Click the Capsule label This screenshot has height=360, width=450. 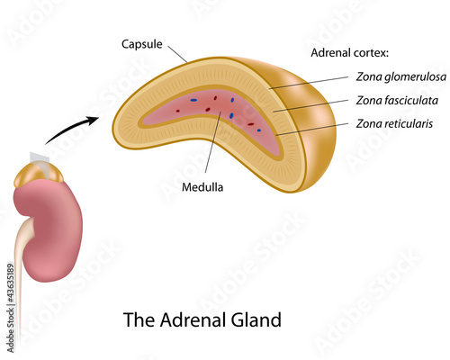coord(142,44)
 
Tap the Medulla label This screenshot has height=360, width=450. coord(202,187)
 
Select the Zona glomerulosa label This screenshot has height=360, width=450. coord(401,76)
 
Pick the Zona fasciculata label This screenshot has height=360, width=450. coord(397,100)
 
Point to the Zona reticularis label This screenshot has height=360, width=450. coord(394,123)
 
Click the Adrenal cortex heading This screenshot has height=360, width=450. coord(350,53)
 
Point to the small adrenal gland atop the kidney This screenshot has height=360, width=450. coord(39,175)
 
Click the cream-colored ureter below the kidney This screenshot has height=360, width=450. coord(21,270)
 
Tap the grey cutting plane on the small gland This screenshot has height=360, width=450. coord(40,164)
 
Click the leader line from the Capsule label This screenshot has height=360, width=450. coord(177,54)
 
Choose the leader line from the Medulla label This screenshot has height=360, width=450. coord(213,142)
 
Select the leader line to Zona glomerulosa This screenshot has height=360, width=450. coord(309,83)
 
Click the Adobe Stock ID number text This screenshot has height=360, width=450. coord(11,308)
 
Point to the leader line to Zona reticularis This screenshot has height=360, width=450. coord(312,130)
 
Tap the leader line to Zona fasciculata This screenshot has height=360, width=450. coord(310,106)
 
